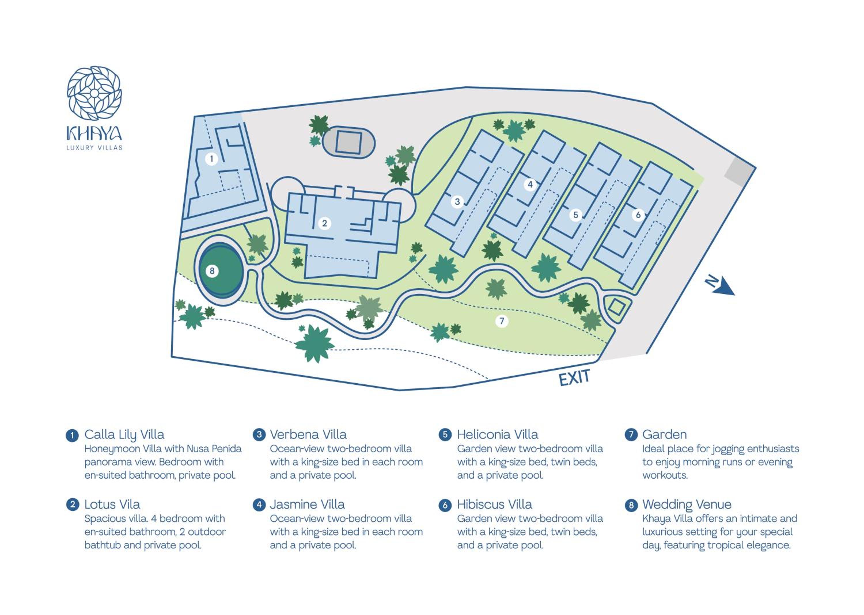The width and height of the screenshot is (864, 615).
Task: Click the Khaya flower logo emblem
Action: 94,93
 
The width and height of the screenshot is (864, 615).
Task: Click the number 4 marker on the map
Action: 530,184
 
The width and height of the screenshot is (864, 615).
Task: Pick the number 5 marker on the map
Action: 575,215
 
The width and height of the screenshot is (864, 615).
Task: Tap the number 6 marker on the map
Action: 638,215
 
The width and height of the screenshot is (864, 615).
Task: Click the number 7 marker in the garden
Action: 502,321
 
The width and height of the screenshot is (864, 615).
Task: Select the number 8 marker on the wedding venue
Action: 212,271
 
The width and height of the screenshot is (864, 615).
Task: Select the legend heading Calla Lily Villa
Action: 124,435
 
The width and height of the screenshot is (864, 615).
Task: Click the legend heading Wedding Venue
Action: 687,505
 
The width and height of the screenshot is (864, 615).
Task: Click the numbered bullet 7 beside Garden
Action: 631,434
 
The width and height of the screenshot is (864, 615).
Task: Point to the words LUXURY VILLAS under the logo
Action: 94,148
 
